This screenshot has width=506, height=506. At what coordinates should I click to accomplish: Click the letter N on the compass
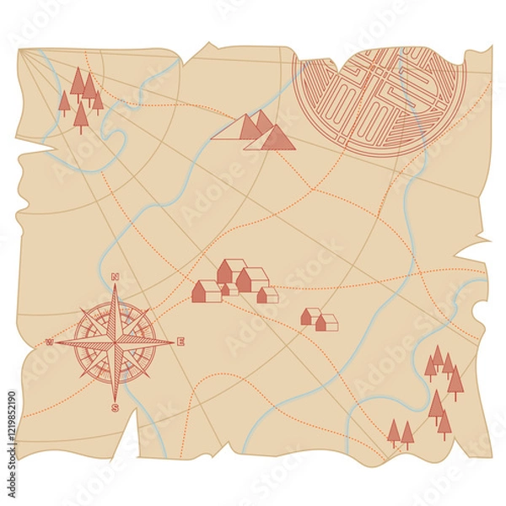click(115, 277)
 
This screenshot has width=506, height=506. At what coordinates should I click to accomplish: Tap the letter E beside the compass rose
click(180, 342)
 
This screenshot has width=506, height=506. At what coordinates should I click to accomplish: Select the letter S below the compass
click(115, 408)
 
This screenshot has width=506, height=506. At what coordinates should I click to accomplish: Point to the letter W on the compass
click(49, 342)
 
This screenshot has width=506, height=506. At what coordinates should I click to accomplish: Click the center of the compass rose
click(115, 342)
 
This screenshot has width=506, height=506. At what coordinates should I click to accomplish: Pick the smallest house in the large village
click(229, 289)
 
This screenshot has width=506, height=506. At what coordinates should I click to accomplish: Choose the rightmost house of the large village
click(267, 294)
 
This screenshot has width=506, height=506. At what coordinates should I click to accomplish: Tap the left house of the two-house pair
click(310, 316)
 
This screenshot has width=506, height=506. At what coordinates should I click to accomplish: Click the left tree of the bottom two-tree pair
click(394, 432)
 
